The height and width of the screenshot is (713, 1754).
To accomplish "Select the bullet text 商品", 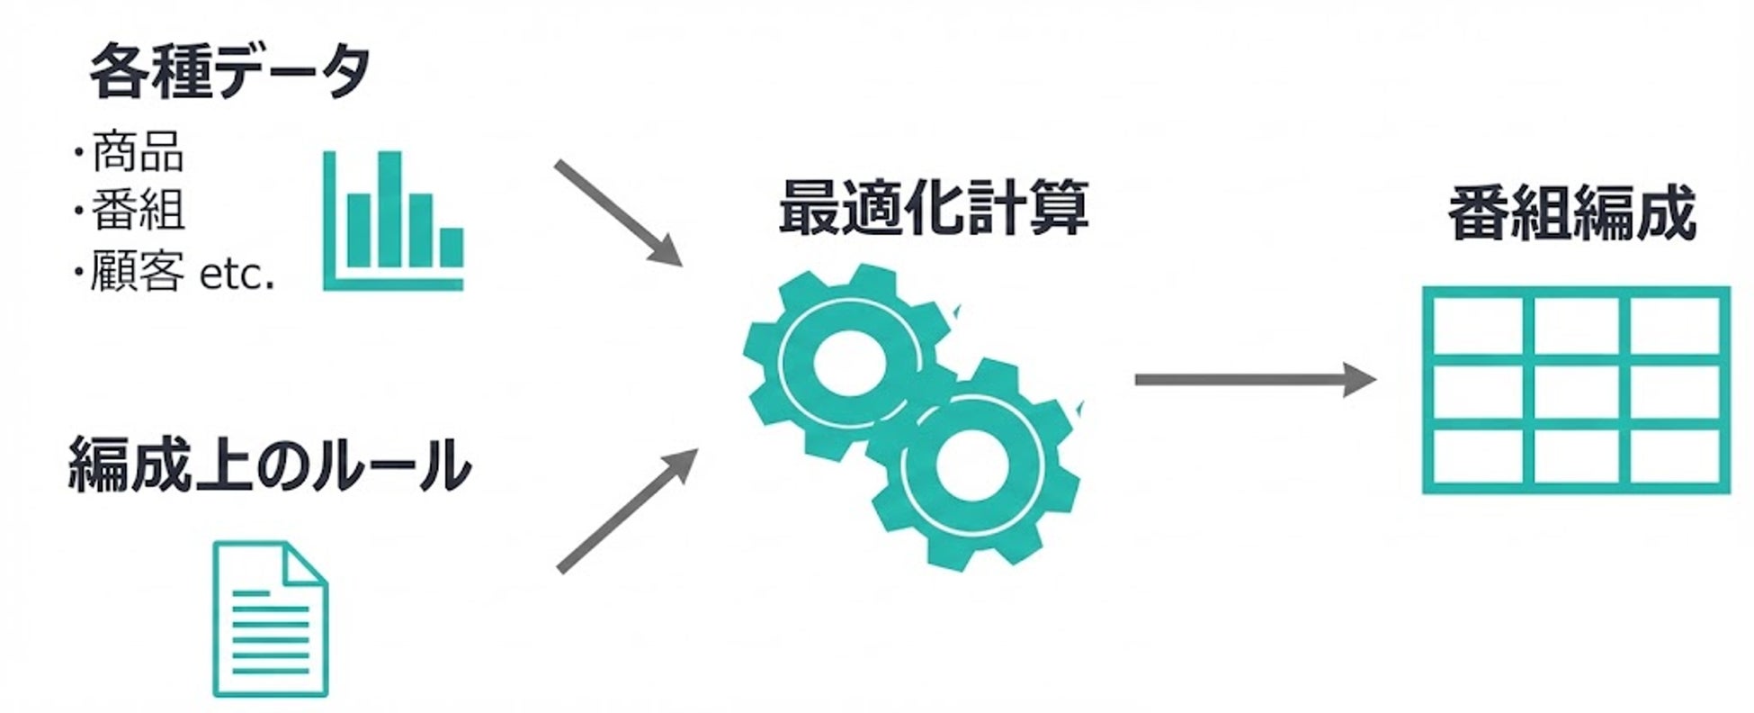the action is (139, 153).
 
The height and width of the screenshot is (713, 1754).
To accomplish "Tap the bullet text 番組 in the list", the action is (139, 211).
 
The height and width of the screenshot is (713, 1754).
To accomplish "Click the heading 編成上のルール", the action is (270, 465).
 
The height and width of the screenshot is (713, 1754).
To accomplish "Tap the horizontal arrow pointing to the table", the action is (1254, 380).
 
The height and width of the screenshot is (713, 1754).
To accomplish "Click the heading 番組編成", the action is (1571, 214).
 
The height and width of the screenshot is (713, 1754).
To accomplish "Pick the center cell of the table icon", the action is (1575, 393).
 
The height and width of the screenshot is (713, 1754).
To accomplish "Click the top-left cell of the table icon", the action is (1477, 327).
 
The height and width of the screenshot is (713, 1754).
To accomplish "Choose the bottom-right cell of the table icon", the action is (1674, 457).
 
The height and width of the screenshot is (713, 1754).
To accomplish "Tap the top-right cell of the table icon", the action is (1674, 327).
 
